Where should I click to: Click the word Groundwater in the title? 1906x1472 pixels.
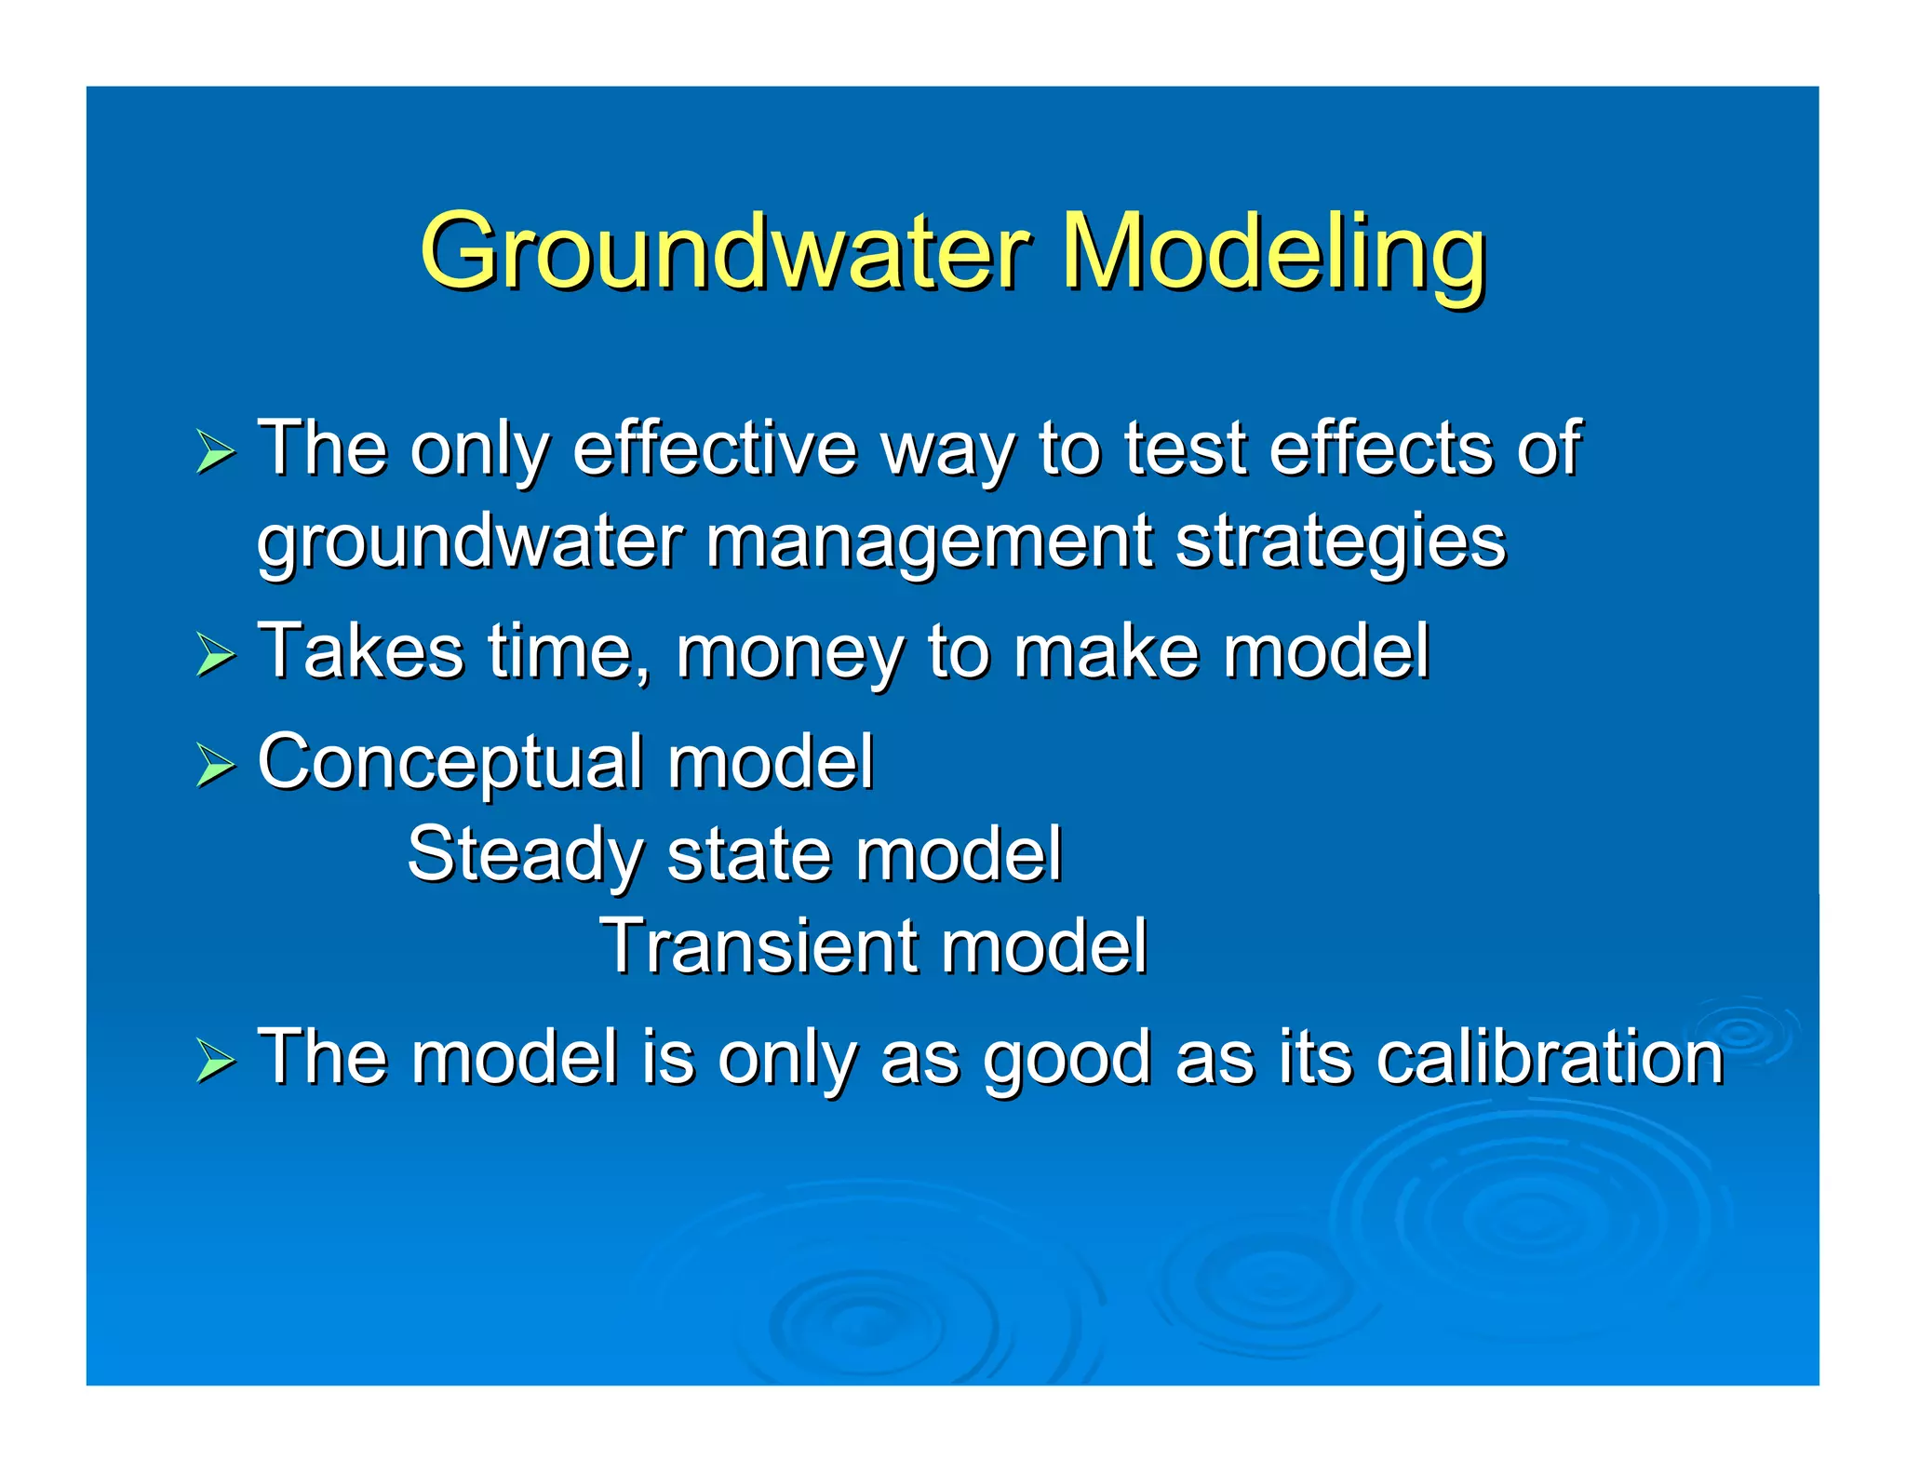point(724,251)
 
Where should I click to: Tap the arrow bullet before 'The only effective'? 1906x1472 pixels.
point(216,453)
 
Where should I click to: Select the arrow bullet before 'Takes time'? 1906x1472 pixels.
point(216,656)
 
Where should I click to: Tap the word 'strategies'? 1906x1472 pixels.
point(1339,542)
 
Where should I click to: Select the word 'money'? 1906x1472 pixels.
point(789,654)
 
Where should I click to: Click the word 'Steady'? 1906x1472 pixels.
point(525,855)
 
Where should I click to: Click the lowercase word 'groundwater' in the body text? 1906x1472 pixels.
point(469,542)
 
